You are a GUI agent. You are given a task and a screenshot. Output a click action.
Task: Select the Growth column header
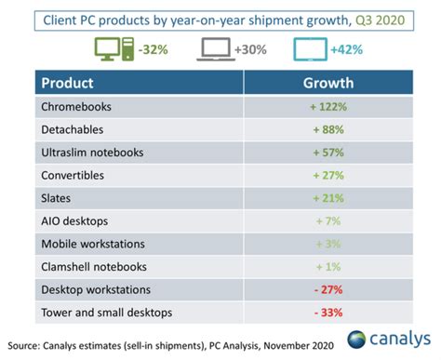click(328, 82)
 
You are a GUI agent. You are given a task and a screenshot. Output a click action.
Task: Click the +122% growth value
click(328, 107)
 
